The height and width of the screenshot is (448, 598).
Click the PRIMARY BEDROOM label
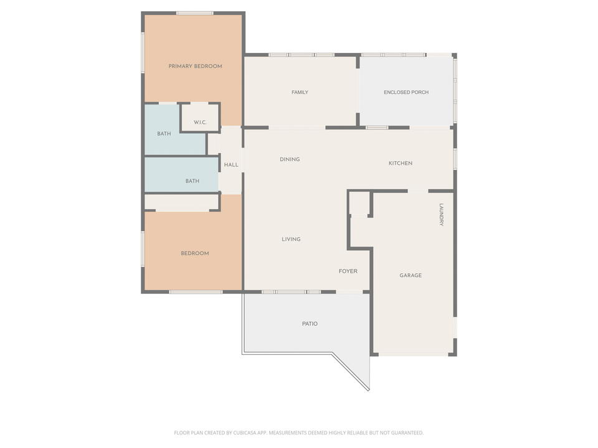pos(195,66)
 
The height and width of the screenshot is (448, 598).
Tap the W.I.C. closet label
pos(200,122)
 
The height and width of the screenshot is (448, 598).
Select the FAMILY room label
pos(300,92)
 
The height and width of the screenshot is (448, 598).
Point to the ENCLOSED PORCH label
pos(406,92)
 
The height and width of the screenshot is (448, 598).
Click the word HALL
pos(231,165)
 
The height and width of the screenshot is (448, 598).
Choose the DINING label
pos(290,159)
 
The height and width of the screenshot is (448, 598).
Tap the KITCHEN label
pos(401,163)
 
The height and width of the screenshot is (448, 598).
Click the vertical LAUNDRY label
pos(441,215)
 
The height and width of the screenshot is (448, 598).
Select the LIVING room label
pos(291,239)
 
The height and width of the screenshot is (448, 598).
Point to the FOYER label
pos(348,271)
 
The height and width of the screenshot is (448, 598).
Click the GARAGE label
pos(411,275)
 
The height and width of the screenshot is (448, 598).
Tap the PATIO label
pos(310,324)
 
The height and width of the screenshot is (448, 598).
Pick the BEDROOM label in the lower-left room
pos(194,253)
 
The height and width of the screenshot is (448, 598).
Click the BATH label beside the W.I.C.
pos(164,134)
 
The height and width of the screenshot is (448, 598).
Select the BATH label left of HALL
pos(192,181)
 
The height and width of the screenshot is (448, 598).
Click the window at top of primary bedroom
pos(195,13)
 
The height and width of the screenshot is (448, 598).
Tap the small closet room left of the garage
pos(359,203)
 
